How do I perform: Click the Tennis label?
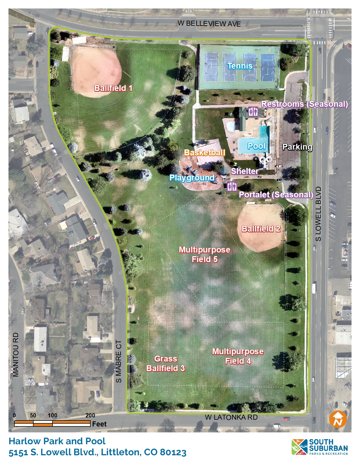coord(240,66)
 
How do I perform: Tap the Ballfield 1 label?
coord(113,88)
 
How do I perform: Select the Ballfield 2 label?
coord(261,229)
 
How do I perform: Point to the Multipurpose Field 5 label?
coord(204,254)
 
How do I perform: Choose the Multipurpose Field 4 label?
coord(238,356)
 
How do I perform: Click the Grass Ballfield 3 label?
coord(165,363)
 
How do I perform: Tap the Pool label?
coord(256,146)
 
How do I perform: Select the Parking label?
coord(297,147)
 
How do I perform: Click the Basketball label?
coord(205,153)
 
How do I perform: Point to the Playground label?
coord(192,178)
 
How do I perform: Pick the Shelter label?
coord(245,171)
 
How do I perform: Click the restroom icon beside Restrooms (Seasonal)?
coord(253,112)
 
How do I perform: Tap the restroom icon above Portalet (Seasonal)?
coord(232,186)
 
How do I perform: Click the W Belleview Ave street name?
coord(209,23)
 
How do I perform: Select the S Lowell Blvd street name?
coord(318,214)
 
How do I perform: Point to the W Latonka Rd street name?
coord(231,417)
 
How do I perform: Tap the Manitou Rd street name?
coord(16,355)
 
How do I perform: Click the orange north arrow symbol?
coord(338,419)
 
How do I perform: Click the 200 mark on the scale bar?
coord(90,415)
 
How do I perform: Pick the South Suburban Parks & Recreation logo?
coord(320,447)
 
